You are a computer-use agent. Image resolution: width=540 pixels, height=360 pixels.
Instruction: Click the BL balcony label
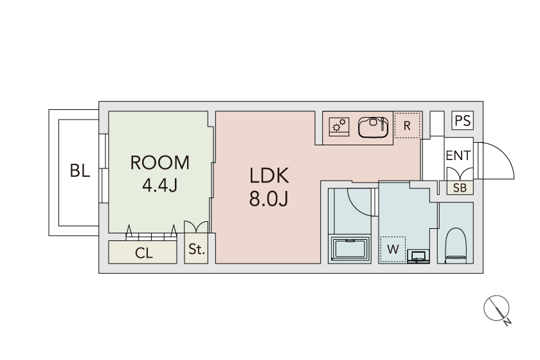click(80, 170)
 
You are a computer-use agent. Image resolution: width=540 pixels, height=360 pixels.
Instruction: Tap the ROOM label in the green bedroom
click(160, 163)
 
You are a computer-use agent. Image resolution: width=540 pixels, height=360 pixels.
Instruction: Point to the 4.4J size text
click(160, 185)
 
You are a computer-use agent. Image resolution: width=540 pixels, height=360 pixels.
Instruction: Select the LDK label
click(269, 175)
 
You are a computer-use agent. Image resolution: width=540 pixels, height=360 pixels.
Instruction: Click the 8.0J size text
click(269, 199)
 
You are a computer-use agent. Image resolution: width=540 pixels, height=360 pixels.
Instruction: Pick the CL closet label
click(143, 253)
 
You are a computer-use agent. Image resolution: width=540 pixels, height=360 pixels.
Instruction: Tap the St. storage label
click(197, 249)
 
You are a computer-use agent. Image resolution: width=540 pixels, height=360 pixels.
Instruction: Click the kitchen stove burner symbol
click(339, 126)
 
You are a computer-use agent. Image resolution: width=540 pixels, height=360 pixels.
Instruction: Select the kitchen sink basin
click(373, 127)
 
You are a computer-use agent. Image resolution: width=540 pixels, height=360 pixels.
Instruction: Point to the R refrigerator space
click(407, 125)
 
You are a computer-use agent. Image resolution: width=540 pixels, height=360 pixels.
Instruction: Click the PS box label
click(462, 121)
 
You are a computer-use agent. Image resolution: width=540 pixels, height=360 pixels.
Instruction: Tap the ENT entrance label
click(458, 156)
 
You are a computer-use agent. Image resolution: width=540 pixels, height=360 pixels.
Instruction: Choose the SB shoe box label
click(460, 188)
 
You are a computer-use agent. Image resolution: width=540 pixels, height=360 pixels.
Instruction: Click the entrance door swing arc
click(505, 154)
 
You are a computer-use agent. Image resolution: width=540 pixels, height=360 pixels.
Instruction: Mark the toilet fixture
click(455, 245)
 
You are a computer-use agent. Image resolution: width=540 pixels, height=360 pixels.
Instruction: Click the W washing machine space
click(393, 249)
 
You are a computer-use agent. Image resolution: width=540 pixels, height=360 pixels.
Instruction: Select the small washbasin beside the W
click(419, 256)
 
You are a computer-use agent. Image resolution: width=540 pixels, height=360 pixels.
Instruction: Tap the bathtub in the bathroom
click(350, 249)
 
